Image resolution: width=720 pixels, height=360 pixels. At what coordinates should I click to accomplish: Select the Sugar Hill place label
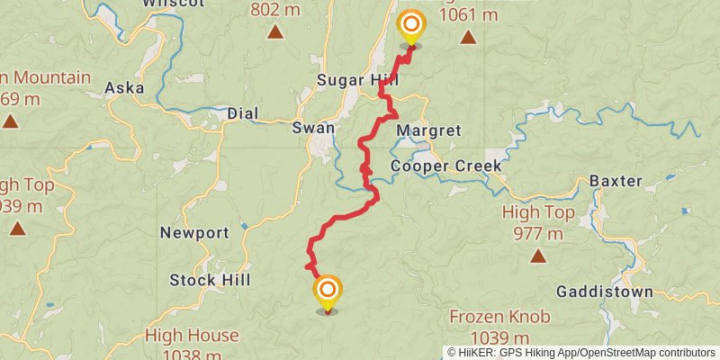(358, 81)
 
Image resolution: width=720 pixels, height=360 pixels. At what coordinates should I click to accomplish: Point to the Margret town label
(428, 130)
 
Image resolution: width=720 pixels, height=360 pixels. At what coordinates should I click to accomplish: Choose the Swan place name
(313, 128)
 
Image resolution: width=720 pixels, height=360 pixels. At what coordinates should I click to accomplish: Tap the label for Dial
(243, 114)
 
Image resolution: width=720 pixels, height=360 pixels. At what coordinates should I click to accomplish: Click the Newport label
(194, 233)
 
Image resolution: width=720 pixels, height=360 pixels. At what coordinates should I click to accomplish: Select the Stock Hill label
(205, 280)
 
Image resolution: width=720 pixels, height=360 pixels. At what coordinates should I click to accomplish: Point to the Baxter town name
(616, 181)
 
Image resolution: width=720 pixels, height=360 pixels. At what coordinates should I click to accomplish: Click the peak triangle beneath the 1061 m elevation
(468, 37)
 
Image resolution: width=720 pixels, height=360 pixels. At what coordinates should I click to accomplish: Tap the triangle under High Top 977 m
(538, 256)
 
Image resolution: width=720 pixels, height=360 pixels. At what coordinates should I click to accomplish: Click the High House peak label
(192, 336)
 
